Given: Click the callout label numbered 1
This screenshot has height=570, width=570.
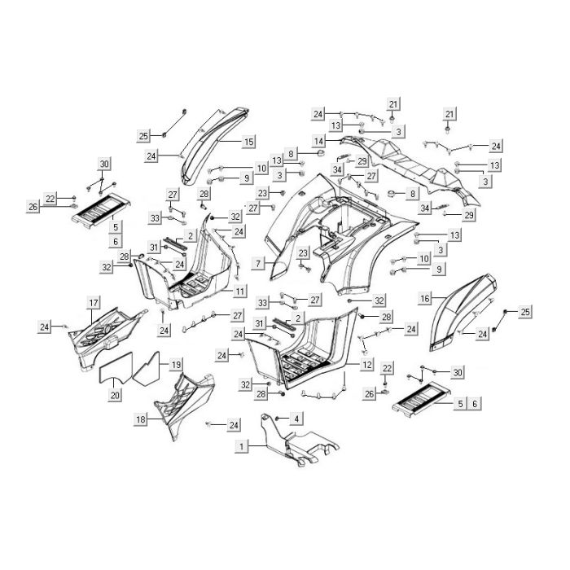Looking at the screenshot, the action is (x=241, y=446).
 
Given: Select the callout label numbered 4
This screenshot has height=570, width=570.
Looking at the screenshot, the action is (x=296, y=419).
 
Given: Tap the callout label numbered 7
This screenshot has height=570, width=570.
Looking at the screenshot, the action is (x=258, y=263).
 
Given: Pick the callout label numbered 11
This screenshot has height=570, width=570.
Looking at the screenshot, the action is (x=240, y=292).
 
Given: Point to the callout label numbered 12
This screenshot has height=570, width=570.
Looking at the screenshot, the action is (x=366, y=364).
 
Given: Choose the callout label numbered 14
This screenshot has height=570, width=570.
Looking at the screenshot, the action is (x=319, y=141).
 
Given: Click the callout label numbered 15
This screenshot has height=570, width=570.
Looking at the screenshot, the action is (x=248, y=142).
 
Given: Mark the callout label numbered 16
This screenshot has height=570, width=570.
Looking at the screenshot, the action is (x=425, y=299).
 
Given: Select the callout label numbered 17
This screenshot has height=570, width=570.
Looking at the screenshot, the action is (x=94, y=303).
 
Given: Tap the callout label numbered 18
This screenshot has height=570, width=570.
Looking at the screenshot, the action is (x=141, y=419).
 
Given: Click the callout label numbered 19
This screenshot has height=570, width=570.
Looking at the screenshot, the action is (x=176, y=364).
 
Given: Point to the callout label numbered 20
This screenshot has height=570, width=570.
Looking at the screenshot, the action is (x=115, y=395).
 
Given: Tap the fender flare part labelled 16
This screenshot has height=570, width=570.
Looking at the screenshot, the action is (x=460, y=313).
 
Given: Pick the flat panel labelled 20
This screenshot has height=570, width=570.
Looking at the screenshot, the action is (x=116, y=368).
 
